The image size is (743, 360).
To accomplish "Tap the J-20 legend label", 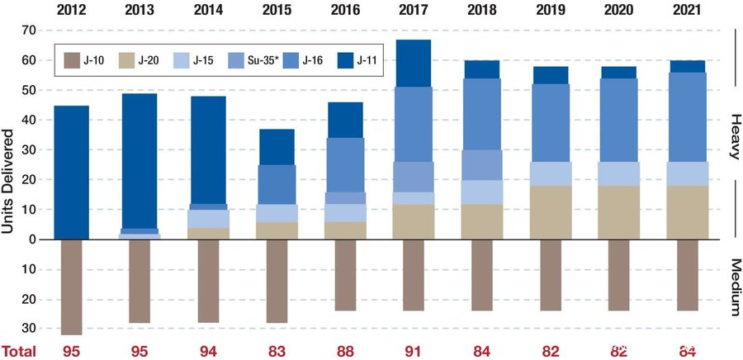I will click(x=149, y=61).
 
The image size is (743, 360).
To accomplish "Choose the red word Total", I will click(x=18, y=351).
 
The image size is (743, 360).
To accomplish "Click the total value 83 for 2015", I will click(x=277, y=351).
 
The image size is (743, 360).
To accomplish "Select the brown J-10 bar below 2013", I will click(x=140, y=281).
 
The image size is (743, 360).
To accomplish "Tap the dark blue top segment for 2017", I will click(x=414, y=63).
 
